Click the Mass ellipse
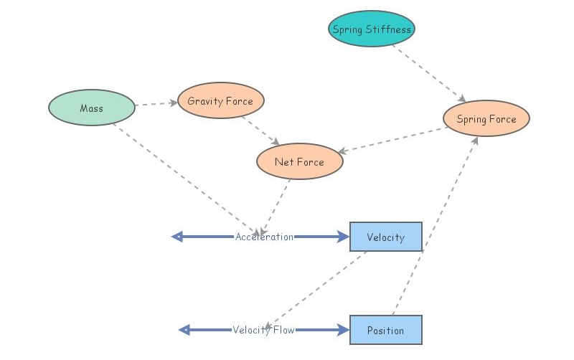(92, 108)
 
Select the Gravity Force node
(221, 100)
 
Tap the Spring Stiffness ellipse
(372, 29)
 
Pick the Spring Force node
(486, 118)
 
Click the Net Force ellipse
(300, 161)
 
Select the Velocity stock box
(386, 237)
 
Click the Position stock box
(386, 330)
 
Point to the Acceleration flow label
(264, 237)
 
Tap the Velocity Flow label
(263, 330)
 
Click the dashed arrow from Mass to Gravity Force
(156, 104)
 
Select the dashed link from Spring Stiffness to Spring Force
(429, 74)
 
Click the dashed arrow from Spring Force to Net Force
(392, 140)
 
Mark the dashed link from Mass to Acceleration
(187, 180)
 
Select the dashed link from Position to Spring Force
(436, 226)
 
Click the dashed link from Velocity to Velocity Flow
(315, 291)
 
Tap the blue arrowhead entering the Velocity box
(344, 237)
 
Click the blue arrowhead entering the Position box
(344, 330)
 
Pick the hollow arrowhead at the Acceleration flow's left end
(177, 237)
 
